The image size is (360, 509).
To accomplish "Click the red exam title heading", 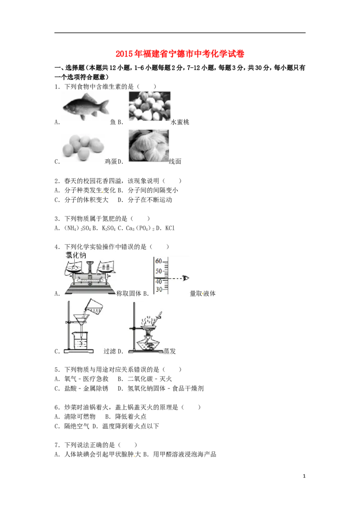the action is (x=180, y=54).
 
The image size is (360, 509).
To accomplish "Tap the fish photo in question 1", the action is (x=86, y=107).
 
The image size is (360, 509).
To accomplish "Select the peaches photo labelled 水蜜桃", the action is (x=149, y=106).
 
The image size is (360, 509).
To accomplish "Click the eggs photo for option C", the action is (x=84, y=147).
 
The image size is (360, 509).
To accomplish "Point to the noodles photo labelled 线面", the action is (x=148, y=146).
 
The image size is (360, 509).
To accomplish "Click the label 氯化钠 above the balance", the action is (x=76, y=255).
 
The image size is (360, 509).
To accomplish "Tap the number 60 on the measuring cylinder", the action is (x=158, y=261).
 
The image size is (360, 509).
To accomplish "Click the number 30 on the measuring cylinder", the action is (x=159, y=289).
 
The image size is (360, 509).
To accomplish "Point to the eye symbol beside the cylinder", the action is (x=186, y=278).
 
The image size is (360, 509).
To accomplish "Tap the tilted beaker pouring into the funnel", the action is (x=93, y=307).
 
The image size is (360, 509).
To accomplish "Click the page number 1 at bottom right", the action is (x=304, y=476).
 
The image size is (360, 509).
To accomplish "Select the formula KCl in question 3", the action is (x=170, y=228).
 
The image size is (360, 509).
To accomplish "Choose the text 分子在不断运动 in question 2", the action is (x=150, y=200).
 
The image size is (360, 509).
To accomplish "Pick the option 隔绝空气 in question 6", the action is (x=76, y=426).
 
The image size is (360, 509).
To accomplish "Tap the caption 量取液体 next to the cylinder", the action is (x=202, y=294).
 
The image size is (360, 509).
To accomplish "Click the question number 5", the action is (x=57, y=370).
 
